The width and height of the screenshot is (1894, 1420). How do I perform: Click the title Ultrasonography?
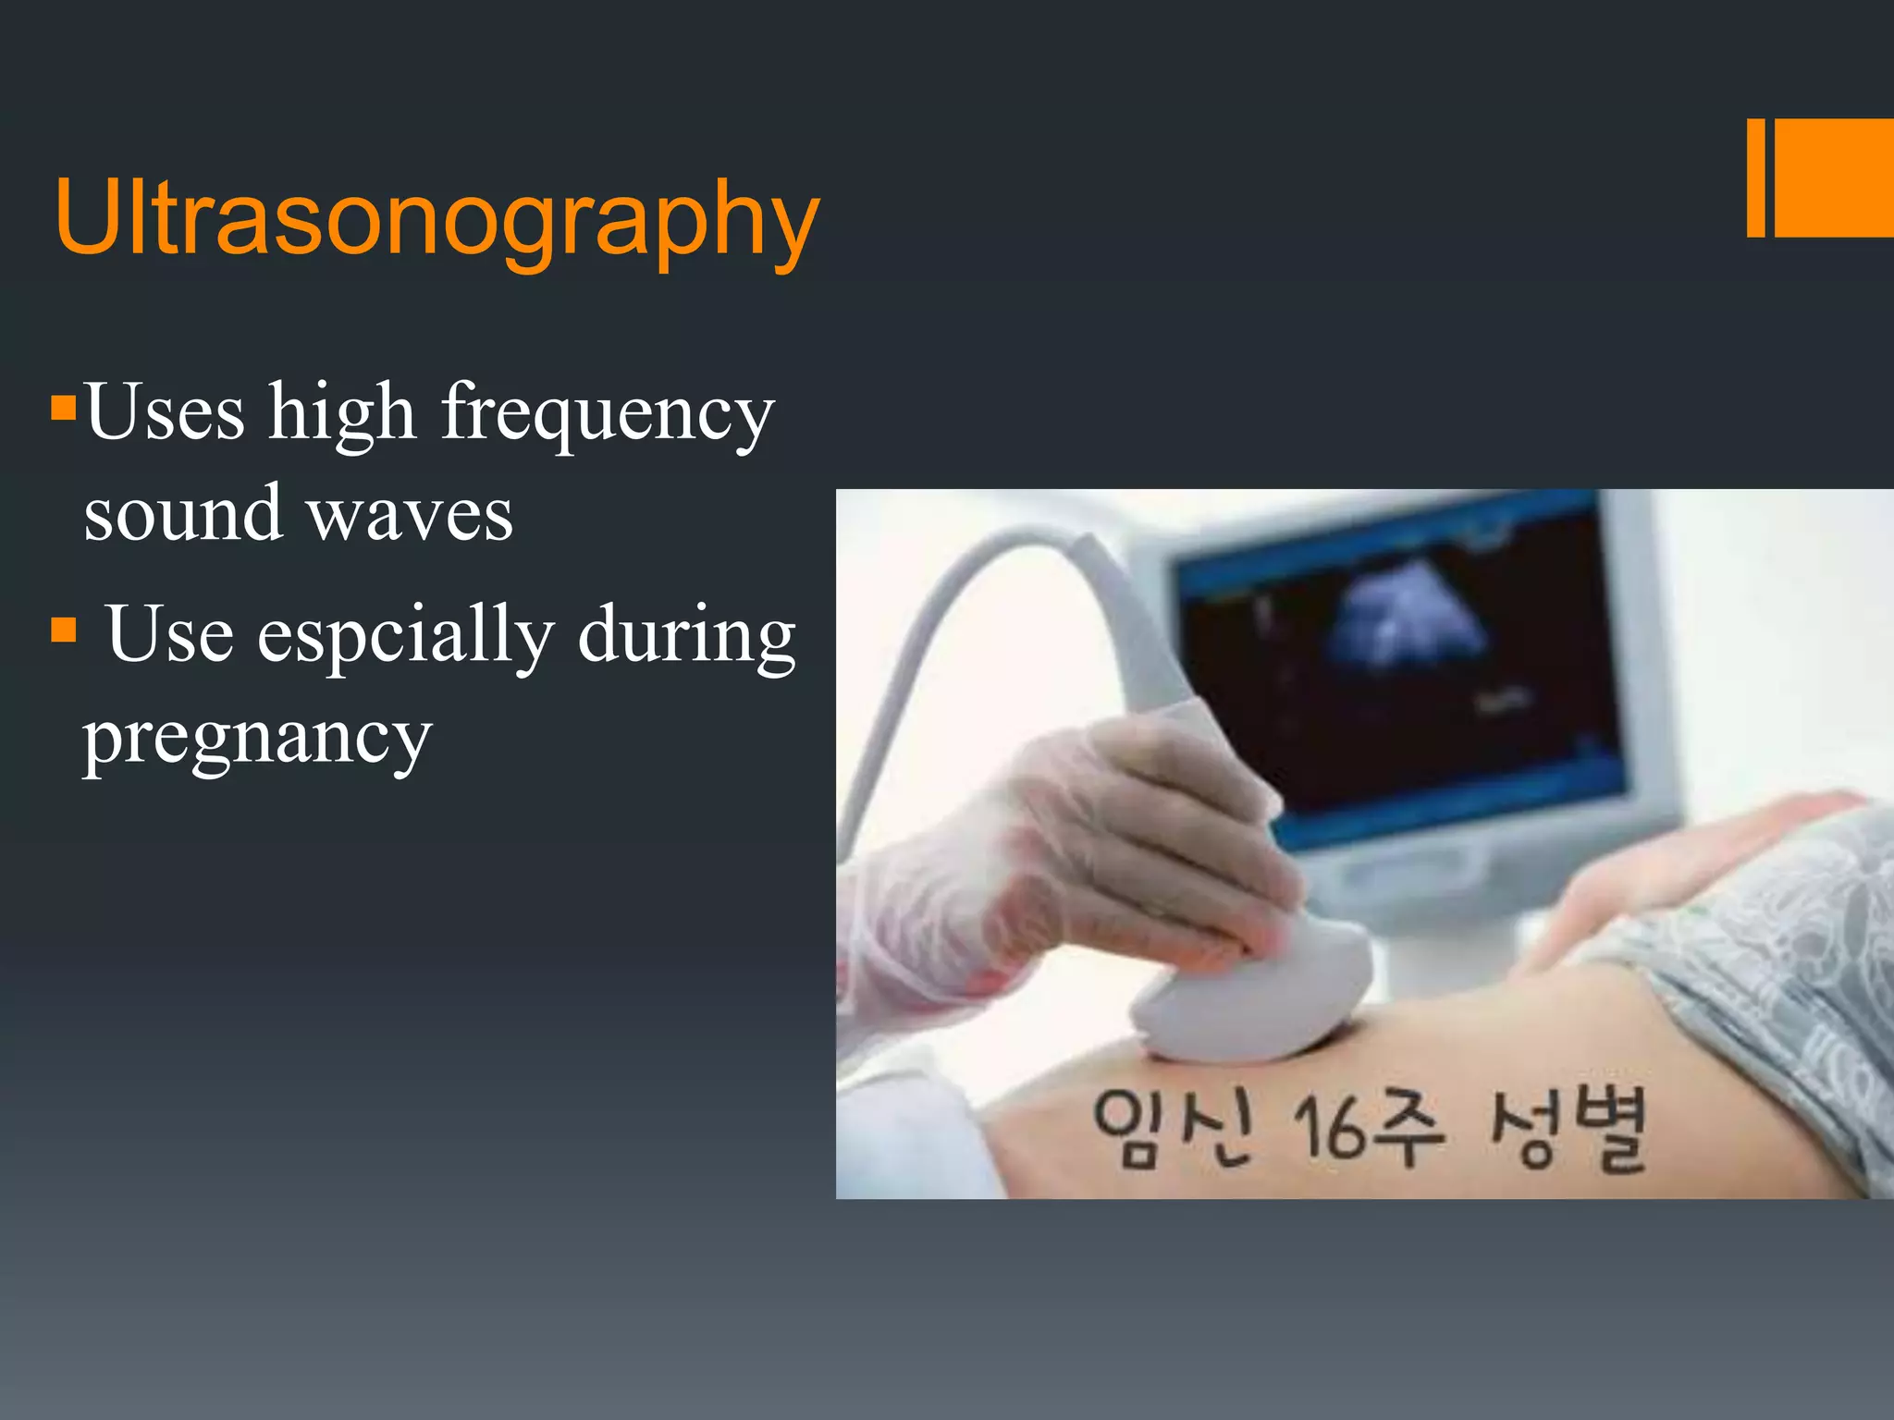(x=437, y=217)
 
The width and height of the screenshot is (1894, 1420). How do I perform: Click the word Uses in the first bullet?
(x=165, y=411)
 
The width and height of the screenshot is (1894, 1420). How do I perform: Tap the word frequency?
(x=607, y=413)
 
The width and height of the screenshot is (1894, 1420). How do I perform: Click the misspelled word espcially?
(x=405, y=635)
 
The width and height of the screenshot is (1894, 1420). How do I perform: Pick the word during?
(x=686, y=635)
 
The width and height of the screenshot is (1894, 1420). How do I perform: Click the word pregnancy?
(x=257, y=738)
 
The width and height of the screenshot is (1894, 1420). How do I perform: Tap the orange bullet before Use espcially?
(x=63, y=630)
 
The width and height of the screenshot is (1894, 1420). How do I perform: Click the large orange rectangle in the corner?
(x=1833, y=177)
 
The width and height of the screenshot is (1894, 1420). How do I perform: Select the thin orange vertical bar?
(x=1755, y=177)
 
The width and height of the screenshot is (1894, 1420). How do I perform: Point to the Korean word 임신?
(x=1171, y=1128)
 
